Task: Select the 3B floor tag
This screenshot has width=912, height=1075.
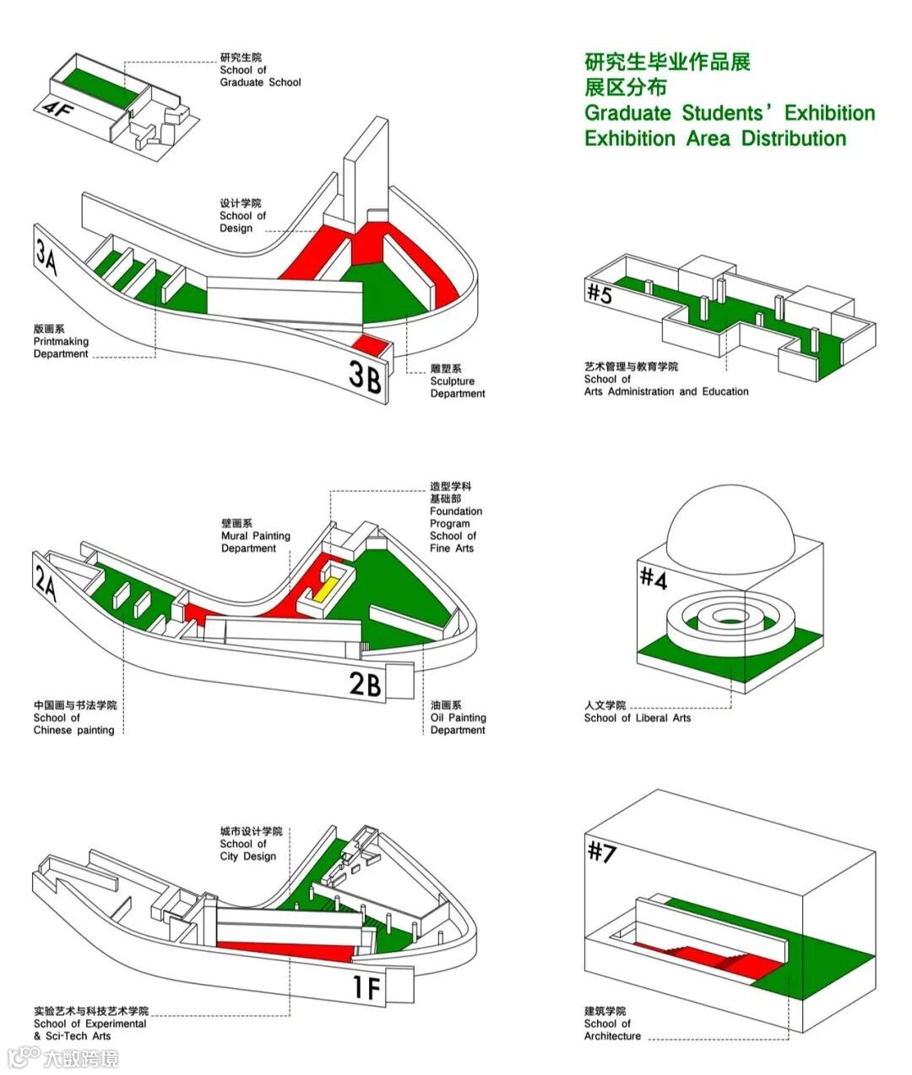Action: click(366, 375)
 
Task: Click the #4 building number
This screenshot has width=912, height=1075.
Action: click(654, 579)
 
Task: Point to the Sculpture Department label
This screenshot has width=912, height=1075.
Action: click(457, 381)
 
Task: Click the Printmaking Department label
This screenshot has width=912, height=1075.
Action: click(61, 342)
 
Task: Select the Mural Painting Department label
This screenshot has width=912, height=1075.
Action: click(255, 536)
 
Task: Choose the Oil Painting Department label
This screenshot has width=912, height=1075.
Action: click(458, 717)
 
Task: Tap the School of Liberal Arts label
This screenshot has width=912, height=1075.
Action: click(637, 711)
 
